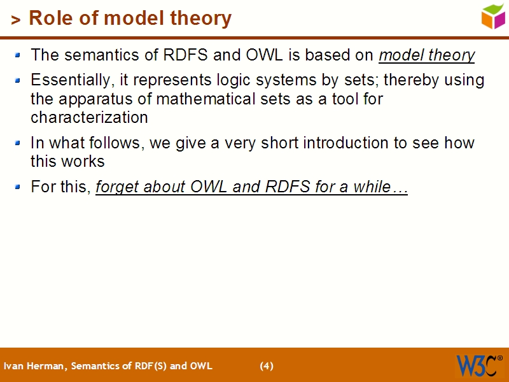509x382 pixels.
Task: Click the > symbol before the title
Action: coord(16,20)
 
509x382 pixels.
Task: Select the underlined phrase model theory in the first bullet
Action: coord(426,55)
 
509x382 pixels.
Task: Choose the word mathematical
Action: coord(203,99)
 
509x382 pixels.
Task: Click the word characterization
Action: coord(89,118)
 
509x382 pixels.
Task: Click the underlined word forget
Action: coord(117,188)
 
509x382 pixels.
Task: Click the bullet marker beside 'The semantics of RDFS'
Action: coord(18,55)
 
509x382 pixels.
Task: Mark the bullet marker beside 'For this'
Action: coord(18,187)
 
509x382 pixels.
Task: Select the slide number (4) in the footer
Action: coord(267,366)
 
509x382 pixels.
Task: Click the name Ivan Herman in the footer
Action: coord(34,366)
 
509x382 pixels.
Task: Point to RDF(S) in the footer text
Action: coord(146,366)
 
